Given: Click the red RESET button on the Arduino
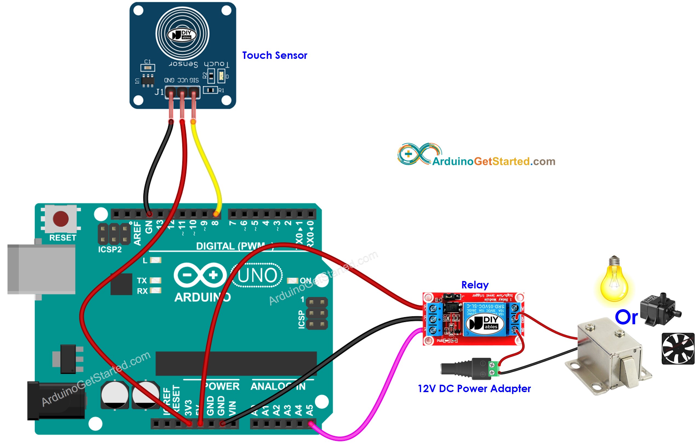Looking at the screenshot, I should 60,218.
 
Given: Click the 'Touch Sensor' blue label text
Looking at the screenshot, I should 275,56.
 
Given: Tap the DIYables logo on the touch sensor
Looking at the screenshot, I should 182,35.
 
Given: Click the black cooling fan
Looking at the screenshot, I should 678,349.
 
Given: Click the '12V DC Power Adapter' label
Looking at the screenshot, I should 474,389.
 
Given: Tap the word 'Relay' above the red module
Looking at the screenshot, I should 475,285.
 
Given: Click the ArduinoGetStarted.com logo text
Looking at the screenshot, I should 493,161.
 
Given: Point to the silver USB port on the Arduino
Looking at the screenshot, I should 42,269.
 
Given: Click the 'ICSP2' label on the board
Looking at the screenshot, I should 110,249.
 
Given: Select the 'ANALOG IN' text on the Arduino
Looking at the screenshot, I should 278,386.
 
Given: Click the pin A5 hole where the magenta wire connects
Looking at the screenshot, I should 311,424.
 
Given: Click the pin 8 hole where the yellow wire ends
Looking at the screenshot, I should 216,214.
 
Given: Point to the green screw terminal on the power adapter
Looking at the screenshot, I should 494,369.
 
